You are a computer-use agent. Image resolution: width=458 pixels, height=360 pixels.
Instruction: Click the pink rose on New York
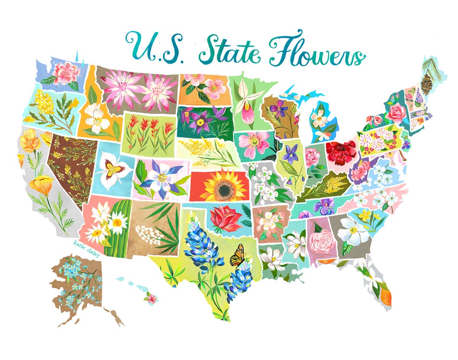coord(395,114)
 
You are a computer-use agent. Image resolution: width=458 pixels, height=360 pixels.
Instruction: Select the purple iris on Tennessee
coord(326,206)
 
